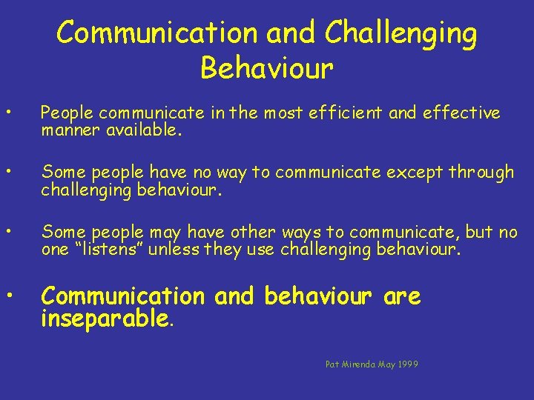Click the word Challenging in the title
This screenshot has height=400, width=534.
coord(401,33)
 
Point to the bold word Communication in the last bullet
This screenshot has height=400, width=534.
coord(122,296)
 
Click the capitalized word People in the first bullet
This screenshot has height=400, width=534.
coord(68,113)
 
